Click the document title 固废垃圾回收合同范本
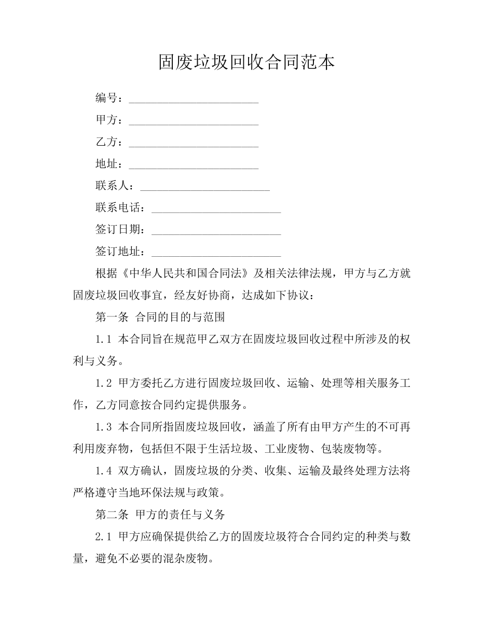[x=246, y=62]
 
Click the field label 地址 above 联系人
[x=107, y=164]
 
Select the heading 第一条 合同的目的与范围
[x=160, y=317]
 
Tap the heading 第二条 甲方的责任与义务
[x=160, y=515]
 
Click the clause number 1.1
[x=104, y=339]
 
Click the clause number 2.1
[x=104, y=536]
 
